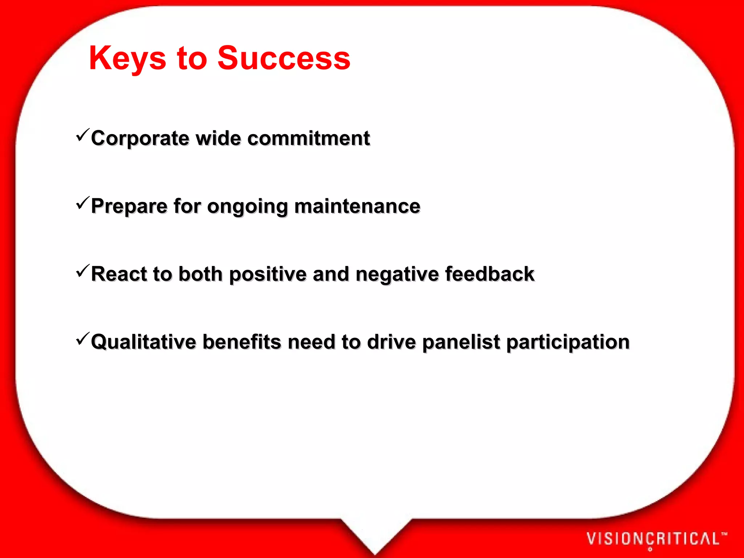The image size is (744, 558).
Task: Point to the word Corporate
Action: (140, 139)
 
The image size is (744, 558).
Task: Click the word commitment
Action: (308, 139)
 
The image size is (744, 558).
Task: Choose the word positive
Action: (268, 275)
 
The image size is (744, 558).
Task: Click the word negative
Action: (397, 275)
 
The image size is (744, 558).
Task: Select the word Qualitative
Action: (143, 342)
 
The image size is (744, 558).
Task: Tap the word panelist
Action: (461, 342)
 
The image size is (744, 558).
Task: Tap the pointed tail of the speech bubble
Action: (375, 541)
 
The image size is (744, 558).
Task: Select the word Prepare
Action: (129, 207)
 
